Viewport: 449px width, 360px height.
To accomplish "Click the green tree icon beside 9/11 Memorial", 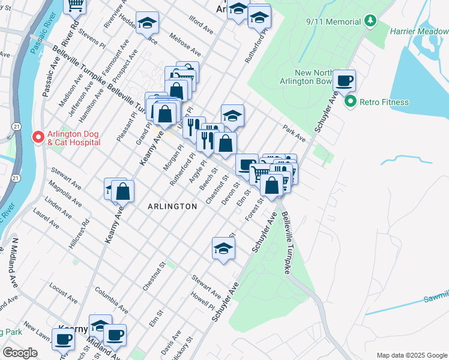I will tap(371, 22).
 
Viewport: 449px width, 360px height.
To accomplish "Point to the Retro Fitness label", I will tap(384, 102).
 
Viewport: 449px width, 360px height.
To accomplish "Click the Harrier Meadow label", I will tap(419, 31).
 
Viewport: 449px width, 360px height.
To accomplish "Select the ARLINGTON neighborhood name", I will tap(172, 206).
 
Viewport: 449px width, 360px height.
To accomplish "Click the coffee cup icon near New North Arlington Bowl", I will tap(345, 80).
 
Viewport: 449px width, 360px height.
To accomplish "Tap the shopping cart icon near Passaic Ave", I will tap(76, 5).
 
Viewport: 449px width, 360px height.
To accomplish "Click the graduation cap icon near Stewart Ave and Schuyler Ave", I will tap(223, 248).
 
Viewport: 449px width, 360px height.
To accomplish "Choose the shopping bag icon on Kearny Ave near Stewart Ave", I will tap(122, 191).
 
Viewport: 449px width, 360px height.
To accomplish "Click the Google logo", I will tap(20, 353).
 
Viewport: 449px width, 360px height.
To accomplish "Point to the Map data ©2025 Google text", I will tap(411, 355).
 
